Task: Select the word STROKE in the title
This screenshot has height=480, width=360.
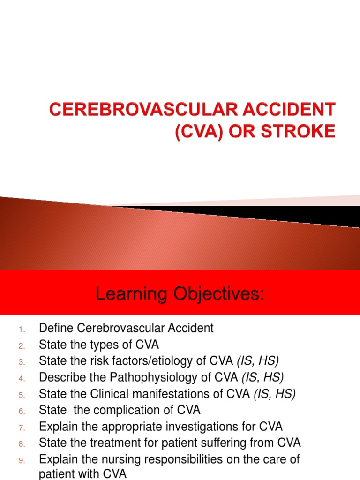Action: pos(301,131)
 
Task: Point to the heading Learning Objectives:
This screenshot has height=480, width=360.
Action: pos(180,294)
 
